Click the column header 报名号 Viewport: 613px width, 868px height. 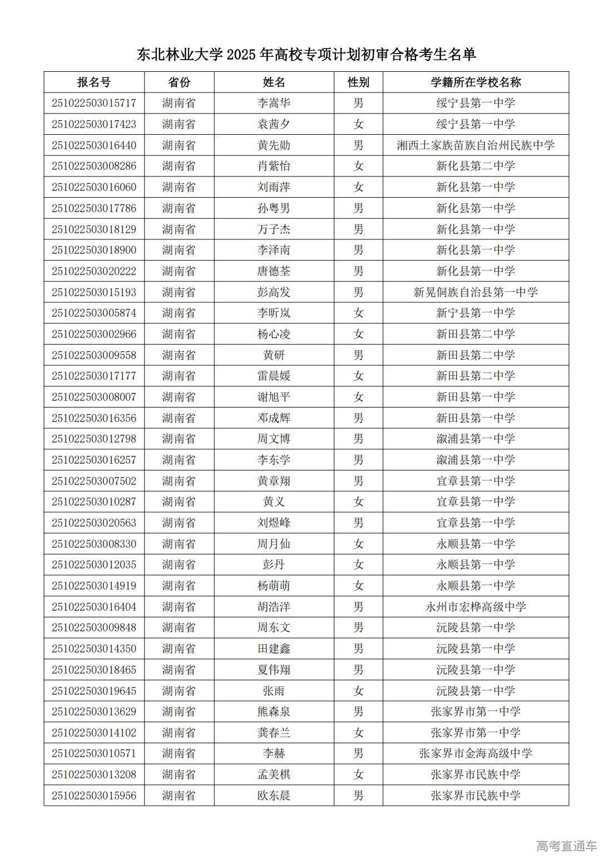click(93, 82)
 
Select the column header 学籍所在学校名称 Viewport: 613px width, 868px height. click(476, 82)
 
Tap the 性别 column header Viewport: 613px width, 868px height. click(358, 82)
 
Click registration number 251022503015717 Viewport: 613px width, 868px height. click(94, 103)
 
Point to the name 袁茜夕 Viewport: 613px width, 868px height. click(274, 124)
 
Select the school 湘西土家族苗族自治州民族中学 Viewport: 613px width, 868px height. click(476, 145)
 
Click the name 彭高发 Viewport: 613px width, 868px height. click(274, 292)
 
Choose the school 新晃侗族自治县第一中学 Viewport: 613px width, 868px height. click(476, 292)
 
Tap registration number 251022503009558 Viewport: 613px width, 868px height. click(94, 355)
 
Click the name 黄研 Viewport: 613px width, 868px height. click(274, 355)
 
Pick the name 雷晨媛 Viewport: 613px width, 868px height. click(274, 376)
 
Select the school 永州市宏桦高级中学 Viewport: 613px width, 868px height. click(476, 607)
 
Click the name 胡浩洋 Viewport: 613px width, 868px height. click(274, 607)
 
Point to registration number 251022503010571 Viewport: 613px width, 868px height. click(94, 753)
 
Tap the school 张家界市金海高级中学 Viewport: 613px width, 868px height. click(476, 753)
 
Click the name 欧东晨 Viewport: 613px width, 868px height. click(274, 796)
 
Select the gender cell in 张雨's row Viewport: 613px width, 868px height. click(358, 691)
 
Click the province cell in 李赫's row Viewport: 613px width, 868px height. click(179, 753)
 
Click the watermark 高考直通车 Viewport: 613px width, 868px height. click(566, 846)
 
